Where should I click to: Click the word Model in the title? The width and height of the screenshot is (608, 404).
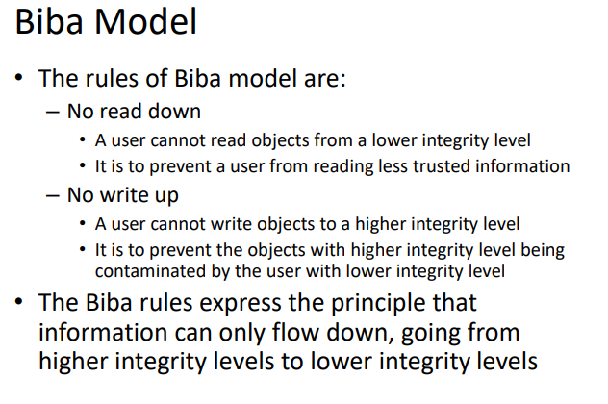tap(146, 22)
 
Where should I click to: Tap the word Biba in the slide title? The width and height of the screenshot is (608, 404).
tap(49, 22)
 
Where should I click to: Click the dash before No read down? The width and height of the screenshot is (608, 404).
tap(53, 113)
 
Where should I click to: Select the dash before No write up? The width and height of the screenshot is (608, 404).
tap(53, 196)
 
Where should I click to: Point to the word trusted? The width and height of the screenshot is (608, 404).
tap(442, 166)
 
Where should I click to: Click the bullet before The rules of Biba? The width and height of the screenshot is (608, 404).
tap(19, 78)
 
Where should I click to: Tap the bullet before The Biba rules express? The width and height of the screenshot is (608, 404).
tap(19, 301)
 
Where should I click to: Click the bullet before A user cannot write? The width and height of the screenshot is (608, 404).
tap(82, 223)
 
